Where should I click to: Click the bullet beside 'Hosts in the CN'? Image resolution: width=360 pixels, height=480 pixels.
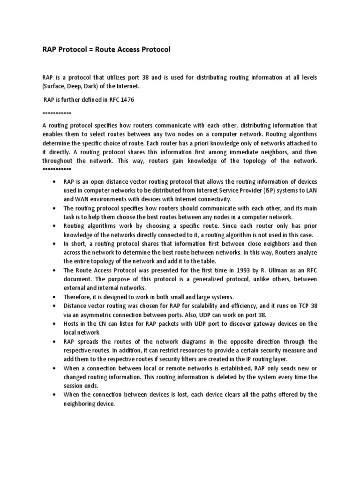pos(56,324)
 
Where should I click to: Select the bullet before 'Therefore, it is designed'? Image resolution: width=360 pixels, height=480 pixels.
pos(56,297)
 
